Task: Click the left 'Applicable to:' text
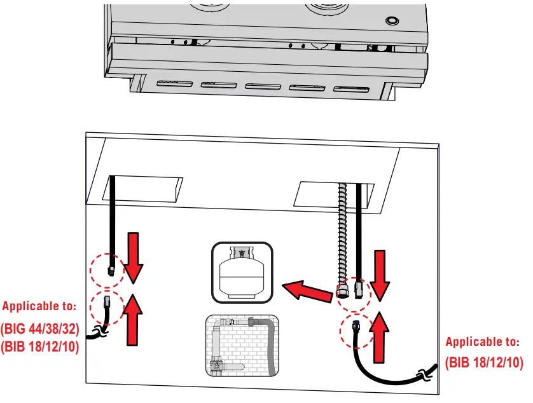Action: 39,306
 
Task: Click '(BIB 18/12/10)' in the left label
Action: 39,347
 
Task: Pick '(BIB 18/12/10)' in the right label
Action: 483,364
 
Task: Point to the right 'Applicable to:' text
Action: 482,342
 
